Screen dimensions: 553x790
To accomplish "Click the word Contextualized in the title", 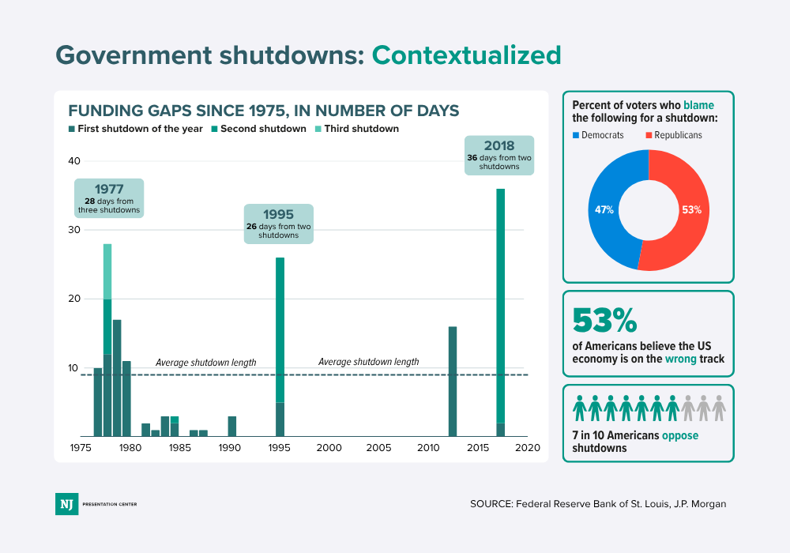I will [466, 55].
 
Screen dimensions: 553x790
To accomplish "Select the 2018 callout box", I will [498, 155].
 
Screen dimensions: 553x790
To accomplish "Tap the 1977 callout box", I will [108, 198].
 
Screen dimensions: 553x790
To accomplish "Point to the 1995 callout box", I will [278, 224].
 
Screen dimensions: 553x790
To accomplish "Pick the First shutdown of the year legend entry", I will [136, 129].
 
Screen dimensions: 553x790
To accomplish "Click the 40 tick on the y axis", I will [74, 161].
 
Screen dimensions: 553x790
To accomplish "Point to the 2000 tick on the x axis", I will [329, 448].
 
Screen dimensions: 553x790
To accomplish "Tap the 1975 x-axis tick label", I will [81, 448].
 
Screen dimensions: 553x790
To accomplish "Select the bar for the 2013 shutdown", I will [453, 381].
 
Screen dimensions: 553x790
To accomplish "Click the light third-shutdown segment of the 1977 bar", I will [107, 271].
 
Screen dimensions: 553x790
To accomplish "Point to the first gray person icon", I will [687, 408].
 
